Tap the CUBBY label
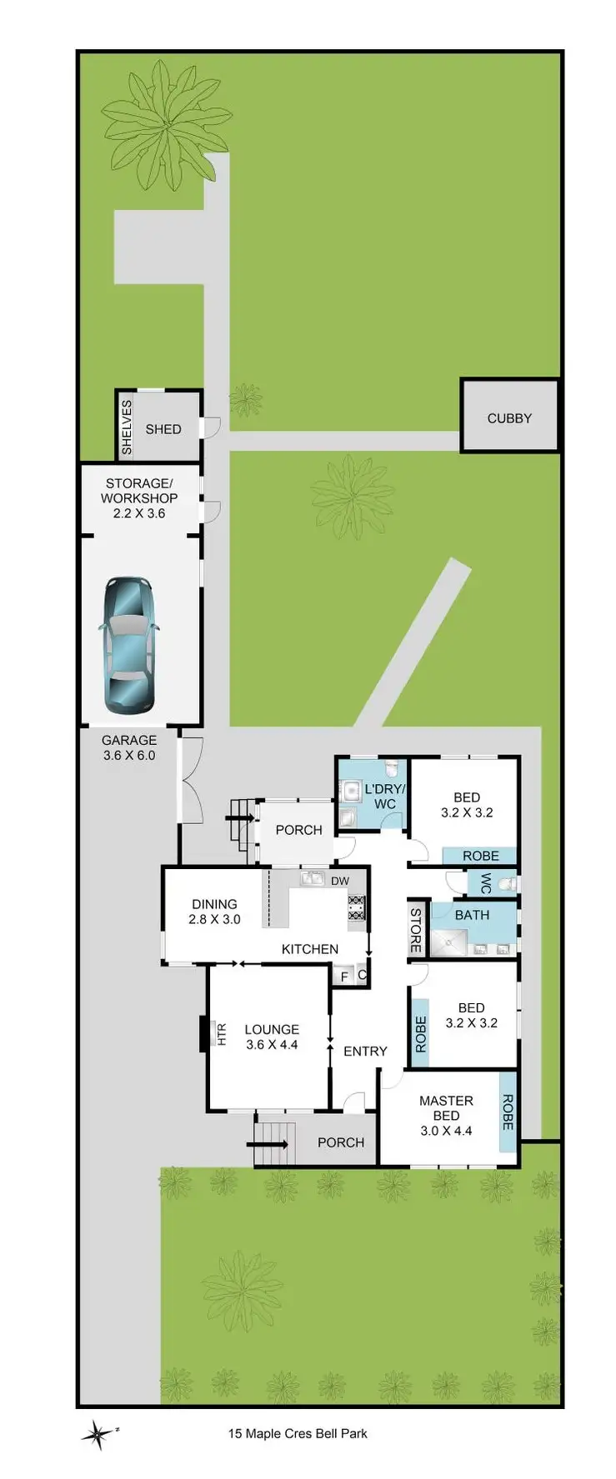508,418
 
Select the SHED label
163,429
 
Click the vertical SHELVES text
127,427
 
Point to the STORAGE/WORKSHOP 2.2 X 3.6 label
139,498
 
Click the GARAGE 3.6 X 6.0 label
129,747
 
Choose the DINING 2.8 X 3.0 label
214,912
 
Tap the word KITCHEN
310,949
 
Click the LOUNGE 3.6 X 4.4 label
272,1037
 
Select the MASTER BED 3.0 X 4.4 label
446,1115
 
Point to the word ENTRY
365,1052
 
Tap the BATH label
472,915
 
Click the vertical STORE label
415,930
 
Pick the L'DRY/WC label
384,796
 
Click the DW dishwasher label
340,881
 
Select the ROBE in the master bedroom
507,1112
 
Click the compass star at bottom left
98,1433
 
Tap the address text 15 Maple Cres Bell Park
298,1433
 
